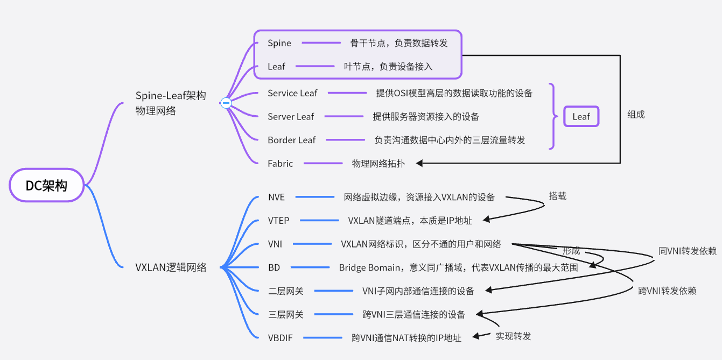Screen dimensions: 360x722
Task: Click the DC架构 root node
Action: (x=47, y=186)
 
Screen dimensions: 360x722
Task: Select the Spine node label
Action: (x=279, y=43)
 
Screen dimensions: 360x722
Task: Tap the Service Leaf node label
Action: (x=292, y=93)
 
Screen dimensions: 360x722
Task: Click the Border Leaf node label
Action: (x=291, y=140)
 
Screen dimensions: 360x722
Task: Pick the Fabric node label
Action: (x=280, y=164)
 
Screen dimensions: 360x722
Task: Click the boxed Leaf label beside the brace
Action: (x=581, y=117)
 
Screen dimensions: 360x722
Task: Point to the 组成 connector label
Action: (x=636, y=115)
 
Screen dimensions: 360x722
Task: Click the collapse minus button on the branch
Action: (x=226, y=103)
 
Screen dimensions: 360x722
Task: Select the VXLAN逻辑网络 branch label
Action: (x=171, y=267)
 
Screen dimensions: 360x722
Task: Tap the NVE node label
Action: (x=276, y=197)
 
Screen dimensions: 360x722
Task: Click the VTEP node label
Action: (x=278, y=221)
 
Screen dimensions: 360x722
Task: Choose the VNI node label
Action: (x=275, y=244)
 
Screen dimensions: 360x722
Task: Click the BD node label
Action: (x=274, y=267)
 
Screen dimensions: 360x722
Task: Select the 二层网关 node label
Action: (x=285, y=291)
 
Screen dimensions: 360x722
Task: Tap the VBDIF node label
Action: (x=280, y=338)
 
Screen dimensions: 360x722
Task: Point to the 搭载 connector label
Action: (x=557, y=196)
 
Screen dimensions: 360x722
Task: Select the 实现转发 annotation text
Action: (x=513, y=336)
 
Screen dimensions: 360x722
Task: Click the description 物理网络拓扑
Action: (x=378, y=164)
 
